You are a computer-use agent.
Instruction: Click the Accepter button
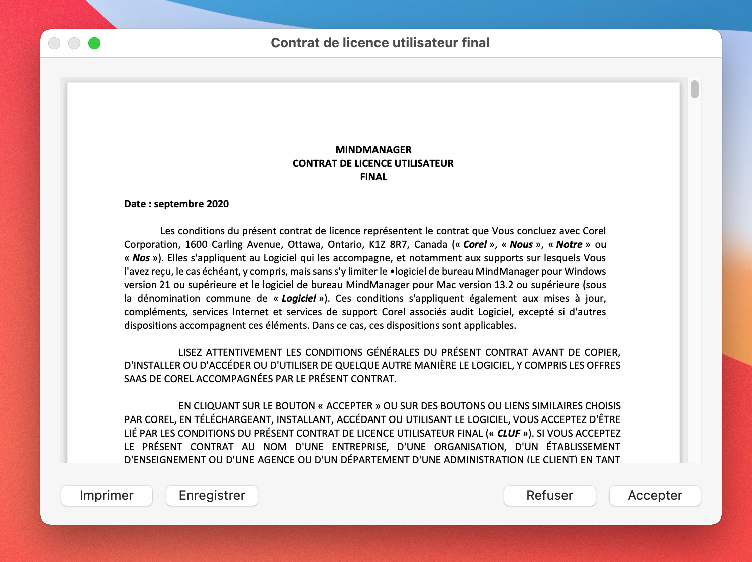pos(655,496)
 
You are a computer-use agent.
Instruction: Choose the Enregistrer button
pos(212,496)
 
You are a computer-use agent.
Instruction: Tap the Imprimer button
pos(106,496)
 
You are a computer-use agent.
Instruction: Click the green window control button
pos(94,44)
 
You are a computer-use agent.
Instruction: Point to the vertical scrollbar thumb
pos(694,89)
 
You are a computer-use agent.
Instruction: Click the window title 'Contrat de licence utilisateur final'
pos(380,43)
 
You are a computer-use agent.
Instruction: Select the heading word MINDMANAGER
pos(373,150)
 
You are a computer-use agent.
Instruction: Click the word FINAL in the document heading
pos(373,177)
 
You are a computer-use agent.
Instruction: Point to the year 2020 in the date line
pos(218,204)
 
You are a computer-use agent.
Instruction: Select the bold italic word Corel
pos(475,244)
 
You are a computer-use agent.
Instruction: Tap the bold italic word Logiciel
pos(299,299)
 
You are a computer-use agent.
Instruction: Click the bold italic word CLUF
pos(509,433)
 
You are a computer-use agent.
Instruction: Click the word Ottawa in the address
pos(304,244)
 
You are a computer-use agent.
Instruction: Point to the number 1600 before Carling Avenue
pos(196,244)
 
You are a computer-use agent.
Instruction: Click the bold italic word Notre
pos(569,244)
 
